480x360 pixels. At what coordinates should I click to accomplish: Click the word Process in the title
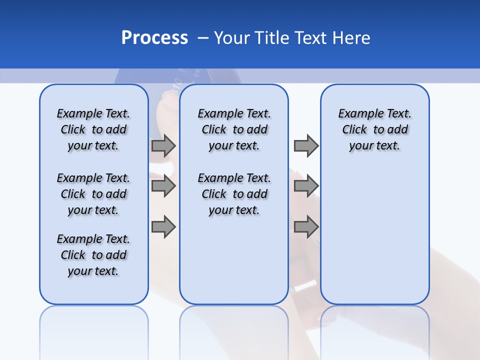pyautogui.click(x=154, y=38)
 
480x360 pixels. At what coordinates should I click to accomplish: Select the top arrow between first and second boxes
pyautogui.click(x=163, y=145)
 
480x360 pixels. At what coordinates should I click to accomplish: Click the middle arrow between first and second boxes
pyautogui.click(x=163, y=186)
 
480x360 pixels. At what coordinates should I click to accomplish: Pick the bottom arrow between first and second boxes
pyautogui.click(x=163, y=227)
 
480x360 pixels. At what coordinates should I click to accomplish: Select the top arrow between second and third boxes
pyautogui.click(x=306, y=145)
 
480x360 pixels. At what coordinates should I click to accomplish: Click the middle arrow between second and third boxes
pyautogui.click(x=306, y=186)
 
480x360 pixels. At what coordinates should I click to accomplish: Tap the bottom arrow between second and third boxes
pyautogui.click(x=306, y=227)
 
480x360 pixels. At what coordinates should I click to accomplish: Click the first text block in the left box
pyautogui.click(x=93, y=129)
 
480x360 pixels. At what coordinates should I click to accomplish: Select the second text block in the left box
pyautogui.click(x=93, y=194)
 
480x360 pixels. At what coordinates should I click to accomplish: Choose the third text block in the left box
pyautogui.click(x=93, y=255)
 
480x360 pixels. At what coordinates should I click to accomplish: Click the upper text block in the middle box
pyautogui.click(x=234, y=129)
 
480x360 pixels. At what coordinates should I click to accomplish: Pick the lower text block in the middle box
pyautogui.click(x=234, y=194)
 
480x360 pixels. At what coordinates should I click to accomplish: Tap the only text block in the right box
pyautogui.click(x=374, y=129)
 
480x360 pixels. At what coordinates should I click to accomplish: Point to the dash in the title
pyautogui.click(x=203, y=38)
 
